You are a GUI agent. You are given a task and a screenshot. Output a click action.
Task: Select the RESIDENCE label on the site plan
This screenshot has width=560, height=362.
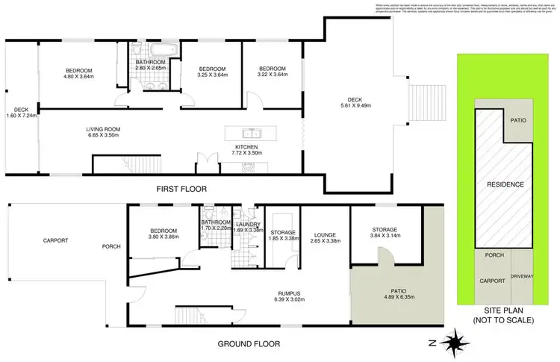505,184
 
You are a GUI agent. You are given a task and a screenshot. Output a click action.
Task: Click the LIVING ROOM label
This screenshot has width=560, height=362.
102,129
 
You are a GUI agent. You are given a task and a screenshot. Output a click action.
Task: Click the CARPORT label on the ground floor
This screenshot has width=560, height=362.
55,240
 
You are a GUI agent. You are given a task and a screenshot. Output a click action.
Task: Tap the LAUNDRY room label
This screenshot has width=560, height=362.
247,224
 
